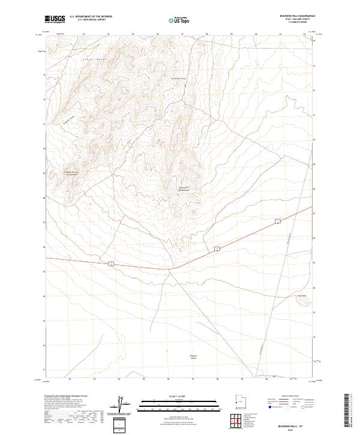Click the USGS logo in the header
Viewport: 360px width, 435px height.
pos(55,19)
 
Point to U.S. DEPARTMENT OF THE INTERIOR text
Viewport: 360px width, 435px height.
pos(91,17)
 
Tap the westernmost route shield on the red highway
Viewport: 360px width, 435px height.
pos(112,263)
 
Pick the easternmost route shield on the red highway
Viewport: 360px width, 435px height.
pos(278,222)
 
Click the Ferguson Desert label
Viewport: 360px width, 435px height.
pos(193,357)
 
